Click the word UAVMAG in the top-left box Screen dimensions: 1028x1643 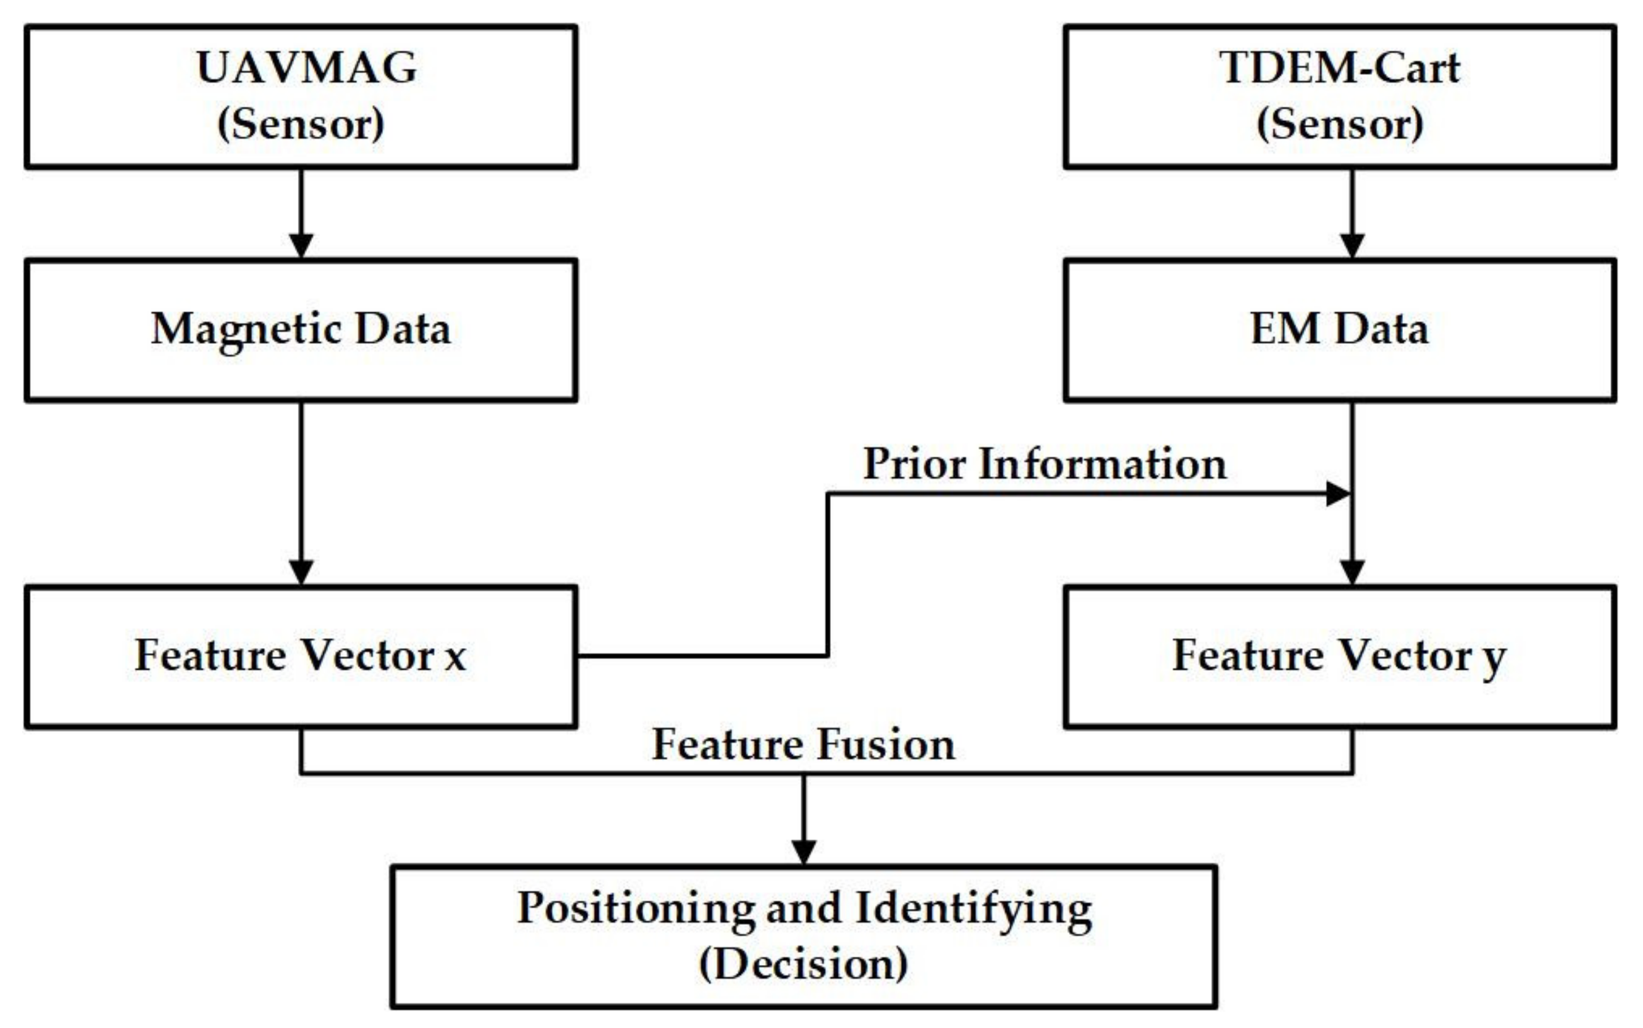307,68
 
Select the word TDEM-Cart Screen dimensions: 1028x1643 1339,68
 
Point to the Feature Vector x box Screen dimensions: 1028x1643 301,657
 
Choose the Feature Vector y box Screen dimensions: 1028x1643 1339,657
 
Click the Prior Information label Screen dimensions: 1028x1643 1045,464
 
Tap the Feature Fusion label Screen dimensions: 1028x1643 803,745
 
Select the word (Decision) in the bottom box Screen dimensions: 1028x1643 803,964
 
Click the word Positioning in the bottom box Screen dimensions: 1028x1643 636,908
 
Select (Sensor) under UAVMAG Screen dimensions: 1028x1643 301,125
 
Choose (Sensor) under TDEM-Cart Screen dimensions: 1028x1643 1339,125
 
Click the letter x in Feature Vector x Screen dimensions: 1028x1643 455,658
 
